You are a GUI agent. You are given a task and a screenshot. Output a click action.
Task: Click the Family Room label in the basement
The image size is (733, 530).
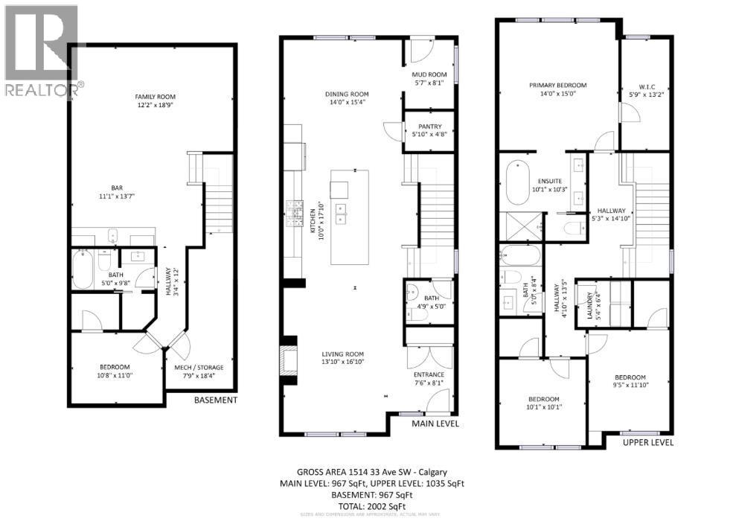(x=155, y=97)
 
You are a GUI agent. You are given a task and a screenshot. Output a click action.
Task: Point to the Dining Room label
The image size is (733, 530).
(x=347, y=94)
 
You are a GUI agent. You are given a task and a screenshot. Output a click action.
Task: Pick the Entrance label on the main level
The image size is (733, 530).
(x=429, y=374)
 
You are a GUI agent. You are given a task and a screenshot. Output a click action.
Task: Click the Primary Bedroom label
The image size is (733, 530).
(x=557, y=85)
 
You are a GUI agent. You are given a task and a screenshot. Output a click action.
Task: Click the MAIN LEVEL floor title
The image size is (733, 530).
(x=435, y=424)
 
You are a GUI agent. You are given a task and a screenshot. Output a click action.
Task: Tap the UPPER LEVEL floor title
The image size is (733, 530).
(x=649, y=442)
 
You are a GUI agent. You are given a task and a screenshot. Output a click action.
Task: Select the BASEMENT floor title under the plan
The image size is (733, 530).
(x=215, y=400)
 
